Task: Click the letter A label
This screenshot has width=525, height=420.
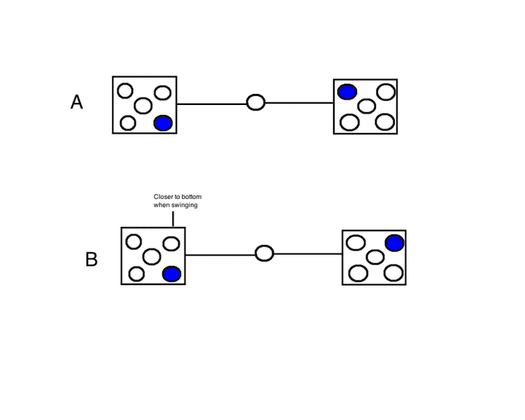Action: (x=77, y=102)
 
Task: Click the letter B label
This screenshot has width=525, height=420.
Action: (x=91, y=260)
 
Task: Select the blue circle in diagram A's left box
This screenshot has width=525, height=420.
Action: (x=162, y=123)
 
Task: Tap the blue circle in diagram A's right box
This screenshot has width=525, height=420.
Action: (x=346, y=91)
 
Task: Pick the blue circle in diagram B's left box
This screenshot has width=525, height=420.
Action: (x=171, y=274)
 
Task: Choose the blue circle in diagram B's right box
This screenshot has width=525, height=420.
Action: (x=394, y=243)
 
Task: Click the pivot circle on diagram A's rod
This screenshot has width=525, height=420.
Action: (x=256, y=103)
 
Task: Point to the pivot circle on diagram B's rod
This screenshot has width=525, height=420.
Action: (x=265, y=253)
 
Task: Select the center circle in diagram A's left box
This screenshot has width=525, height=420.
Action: (x=143, y=106)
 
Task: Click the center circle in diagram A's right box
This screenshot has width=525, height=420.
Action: (x=366, y=106)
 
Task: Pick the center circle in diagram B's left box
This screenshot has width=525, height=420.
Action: (x=152, y=256)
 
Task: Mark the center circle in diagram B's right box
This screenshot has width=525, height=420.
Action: (x=374, y=257)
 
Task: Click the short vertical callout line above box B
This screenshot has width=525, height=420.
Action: (x=173, y=218)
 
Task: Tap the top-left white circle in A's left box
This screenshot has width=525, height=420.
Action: (x=125, y=90)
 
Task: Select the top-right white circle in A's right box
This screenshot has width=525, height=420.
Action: (x=385, y=92)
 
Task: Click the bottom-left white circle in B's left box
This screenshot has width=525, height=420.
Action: (x=136, y=274)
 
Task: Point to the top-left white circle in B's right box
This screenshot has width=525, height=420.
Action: (x=356, y=244)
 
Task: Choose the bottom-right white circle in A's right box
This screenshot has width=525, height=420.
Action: (x=384, y=121)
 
